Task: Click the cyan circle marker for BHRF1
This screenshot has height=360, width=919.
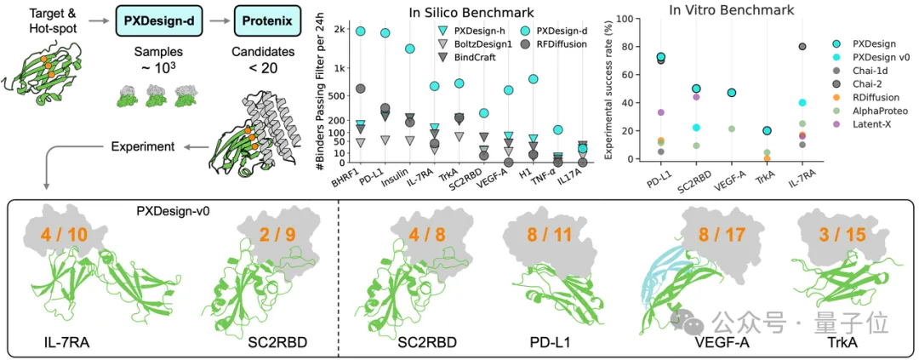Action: click(x=360, y=31)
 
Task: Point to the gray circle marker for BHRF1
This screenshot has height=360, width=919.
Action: click(x=360, y=89)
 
